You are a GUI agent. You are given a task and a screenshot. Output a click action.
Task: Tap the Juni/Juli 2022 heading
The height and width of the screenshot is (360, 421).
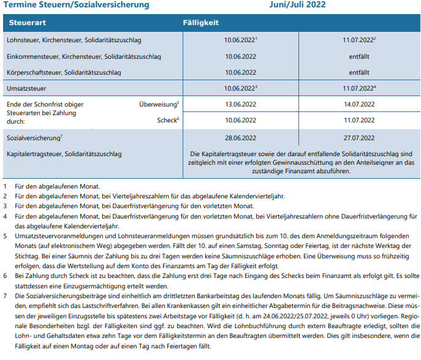pos(297,5)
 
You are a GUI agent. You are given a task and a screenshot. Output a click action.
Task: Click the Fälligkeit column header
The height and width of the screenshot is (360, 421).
pos(202,23)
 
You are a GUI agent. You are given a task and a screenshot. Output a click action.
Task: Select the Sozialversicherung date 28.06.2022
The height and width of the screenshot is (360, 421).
pos(240,139)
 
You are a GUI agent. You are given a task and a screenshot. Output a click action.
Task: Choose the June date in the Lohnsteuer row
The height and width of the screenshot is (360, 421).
pos(240,40)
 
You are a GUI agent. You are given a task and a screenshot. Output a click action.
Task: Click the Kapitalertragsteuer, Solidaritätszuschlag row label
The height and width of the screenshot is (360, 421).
pos(64,152)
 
